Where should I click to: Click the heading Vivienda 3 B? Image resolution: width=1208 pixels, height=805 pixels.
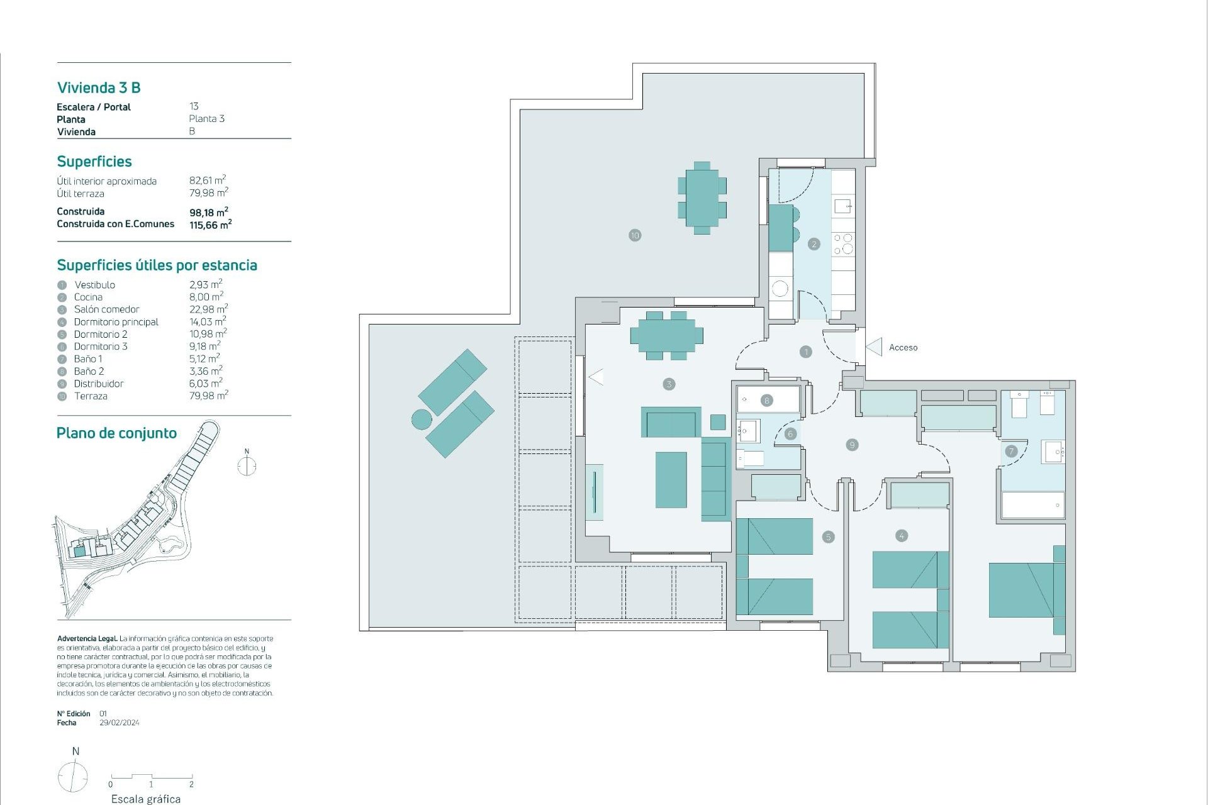tap(99, 87)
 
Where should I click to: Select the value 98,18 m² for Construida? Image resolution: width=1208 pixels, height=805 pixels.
tap(208, 213)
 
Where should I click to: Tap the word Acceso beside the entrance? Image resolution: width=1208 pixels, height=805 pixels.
tap(903, 347)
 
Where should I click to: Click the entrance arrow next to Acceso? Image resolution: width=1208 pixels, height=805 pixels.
tap(875, 347)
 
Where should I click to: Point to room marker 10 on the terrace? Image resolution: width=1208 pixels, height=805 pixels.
tap(634, 235)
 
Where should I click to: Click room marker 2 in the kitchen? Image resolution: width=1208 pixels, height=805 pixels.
tap(814, 243)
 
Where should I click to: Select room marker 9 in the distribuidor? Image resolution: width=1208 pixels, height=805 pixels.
tap(852, 445)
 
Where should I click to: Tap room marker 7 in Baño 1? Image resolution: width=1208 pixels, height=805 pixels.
tap(1010, 451)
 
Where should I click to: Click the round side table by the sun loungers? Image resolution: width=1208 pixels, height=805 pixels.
tap(422, 419)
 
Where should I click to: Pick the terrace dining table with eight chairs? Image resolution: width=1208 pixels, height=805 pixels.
tap(702, 198)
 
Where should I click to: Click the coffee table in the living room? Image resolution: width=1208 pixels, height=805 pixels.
tap(671, 480)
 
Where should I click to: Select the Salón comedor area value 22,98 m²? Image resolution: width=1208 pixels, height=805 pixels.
tap(208, 309)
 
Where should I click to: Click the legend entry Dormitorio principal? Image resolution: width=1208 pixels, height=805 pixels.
tap(116, 322)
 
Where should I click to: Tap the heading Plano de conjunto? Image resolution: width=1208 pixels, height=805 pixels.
tap(116, 433)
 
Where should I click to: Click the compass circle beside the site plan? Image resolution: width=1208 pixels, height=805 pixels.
tap(247, 466)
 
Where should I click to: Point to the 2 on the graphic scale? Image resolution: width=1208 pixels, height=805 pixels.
tap(191, 784)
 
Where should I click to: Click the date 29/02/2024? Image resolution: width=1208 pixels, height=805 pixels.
tap(120, 723)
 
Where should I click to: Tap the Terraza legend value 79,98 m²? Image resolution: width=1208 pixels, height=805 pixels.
tap(208, 396)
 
